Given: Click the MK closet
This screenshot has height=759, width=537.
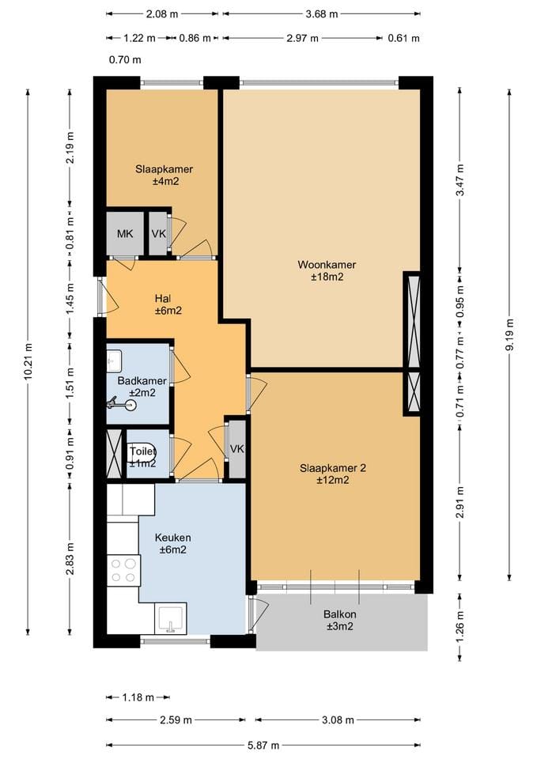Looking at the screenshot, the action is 125,234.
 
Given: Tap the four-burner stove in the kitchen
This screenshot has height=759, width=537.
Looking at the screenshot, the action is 123,570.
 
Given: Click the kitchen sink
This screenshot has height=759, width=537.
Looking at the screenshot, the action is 171,618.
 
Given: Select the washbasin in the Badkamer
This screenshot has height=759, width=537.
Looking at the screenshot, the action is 114,360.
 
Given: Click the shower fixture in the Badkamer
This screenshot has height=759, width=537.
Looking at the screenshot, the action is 122,403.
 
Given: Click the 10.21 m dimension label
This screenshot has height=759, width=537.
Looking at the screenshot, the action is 28,361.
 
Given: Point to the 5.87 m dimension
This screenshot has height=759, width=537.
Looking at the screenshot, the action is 263,746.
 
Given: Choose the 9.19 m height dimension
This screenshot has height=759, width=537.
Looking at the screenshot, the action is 509,335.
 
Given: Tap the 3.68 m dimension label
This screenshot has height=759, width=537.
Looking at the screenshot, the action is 322,14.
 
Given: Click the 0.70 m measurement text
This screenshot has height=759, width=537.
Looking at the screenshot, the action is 125,60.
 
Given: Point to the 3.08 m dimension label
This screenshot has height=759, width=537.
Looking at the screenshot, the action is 338,720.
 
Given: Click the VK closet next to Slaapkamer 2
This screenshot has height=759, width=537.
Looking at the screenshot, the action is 236,449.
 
